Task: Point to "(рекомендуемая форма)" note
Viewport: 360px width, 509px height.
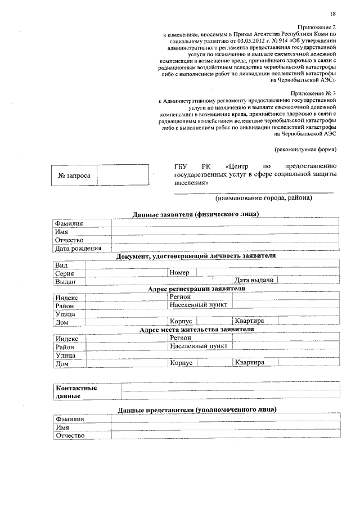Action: [305, 149]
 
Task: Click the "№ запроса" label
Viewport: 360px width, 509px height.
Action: [74, 175]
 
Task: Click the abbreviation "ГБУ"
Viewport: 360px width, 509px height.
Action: [181, 167]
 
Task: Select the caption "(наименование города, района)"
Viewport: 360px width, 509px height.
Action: [263, 198]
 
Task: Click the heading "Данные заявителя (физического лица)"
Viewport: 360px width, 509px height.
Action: [196, 214]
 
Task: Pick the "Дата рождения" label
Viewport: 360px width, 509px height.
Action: [78, 248]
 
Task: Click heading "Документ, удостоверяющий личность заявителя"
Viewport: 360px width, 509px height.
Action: [196, 256]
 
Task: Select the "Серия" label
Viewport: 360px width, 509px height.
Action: [65, 273]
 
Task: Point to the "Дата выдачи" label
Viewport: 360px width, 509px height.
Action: [254, 280]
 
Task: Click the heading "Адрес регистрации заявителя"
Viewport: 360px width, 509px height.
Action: [196, 289]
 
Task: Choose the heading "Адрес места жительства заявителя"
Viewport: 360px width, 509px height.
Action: [196, 330]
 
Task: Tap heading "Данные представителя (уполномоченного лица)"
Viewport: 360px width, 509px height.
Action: [197, 411]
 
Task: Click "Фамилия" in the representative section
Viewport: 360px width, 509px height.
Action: [69, 420]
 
